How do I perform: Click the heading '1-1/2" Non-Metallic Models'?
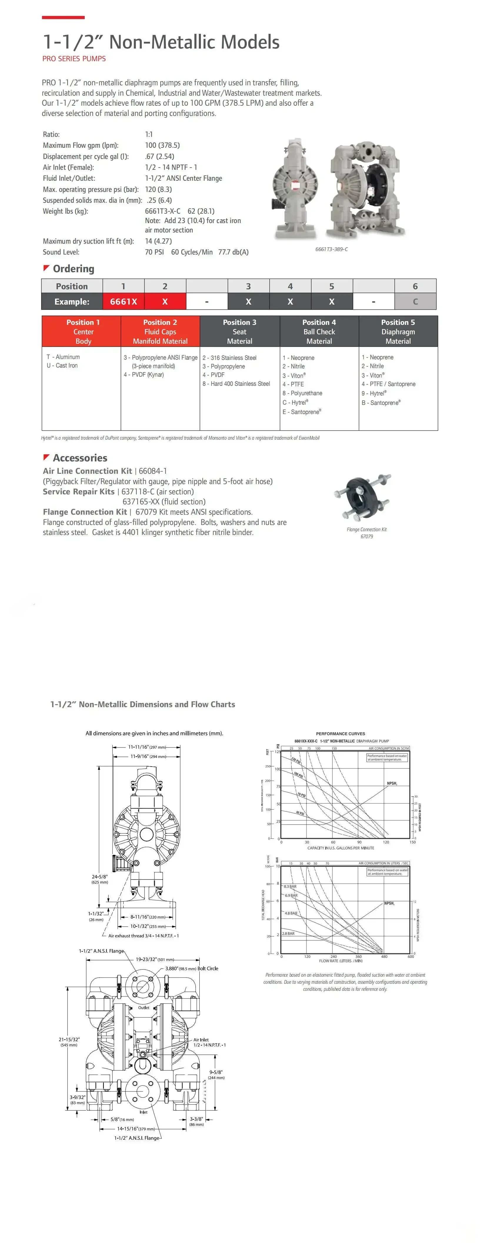(x=161, y=42)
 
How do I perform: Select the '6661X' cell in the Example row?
(x=124, y=302)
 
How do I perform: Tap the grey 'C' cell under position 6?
(x=415, y=302)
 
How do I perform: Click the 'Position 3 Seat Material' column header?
(x=240, y=332)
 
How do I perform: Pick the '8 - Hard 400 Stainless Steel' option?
(x=236, y=384)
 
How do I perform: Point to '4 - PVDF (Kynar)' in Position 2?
(x=144, y=374)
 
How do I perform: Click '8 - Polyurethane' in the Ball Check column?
(x=302, y=393)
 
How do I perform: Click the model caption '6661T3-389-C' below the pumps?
(x=331, y=249)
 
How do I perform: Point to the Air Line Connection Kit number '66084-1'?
(x=153, y=471)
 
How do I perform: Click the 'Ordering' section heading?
(x=73, y=269)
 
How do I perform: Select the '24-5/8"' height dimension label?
(x=99, y=876)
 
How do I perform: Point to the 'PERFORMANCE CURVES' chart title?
(x=341, y=733)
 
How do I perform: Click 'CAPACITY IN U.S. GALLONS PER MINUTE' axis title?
(x=341, y=848)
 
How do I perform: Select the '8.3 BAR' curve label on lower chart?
(x=290, y=886)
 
